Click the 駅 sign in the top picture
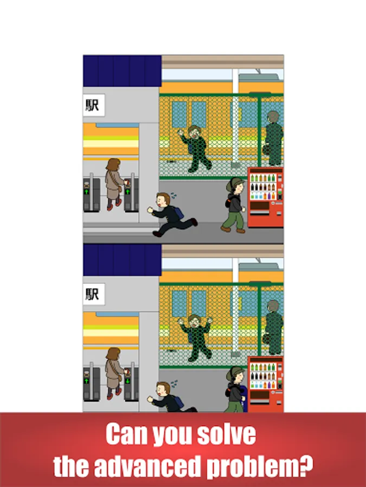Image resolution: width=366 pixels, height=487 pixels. click(94, 106)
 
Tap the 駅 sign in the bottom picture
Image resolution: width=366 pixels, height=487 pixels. click(94, 294)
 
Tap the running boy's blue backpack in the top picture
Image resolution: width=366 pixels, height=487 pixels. click(178, 213)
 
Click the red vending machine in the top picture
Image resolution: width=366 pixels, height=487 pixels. click(266, 197)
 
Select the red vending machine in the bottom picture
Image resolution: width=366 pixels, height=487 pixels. click(266, 384)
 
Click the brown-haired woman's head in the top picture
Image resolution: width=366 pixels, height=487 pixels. click(113, 164)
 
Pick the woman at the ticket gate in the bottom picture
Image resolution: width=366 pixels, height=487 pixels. click(114, 373)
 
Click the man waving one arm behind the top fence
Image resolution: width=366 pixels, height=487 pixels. click(195, 148)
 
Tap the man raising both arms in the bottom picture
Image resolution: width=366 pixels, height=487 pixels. click(195, 338)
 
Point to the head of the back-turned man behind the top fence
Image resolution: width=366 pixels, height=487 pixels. click(273, 117)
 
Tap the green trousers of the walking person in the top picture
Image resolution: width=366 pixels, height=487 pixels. click(234, 221)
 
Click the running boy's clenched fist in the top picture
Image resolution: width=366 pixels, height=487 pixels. click(150, 210)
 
